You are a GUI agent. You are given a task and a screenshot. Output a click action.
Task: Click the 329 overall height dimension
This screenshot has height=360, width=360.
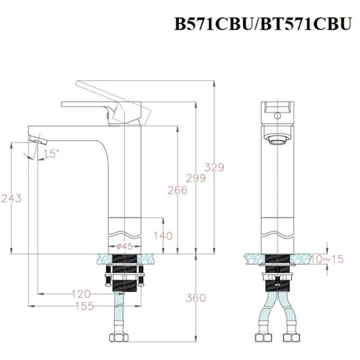pos(215,167)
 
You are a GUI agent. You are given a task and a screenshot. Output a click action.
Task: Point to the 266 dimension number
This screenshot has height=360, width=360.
pos(178,190)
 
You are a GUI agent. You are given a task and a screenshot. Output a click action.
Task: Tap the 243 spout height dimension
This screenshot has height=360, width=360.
pos(11,198)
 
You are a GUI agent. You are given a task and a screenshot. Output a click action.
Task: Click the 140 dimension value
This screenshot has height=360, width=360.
pos(163,236)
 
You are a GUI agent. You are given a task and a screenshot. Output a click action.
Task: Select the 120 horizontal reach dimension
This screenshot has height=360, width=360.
pos(81,294)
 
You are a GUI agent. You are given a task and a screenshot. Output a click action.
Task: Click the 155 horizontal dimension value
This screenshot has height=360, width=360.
pos(85,306)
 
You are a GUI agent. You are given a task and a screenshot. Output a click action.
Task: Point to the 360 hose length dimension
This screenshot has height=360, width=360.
pos(196,298)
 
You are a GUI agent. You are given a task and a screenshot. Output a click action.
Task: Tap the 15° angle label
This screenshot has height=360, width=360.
pos(50,154)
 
